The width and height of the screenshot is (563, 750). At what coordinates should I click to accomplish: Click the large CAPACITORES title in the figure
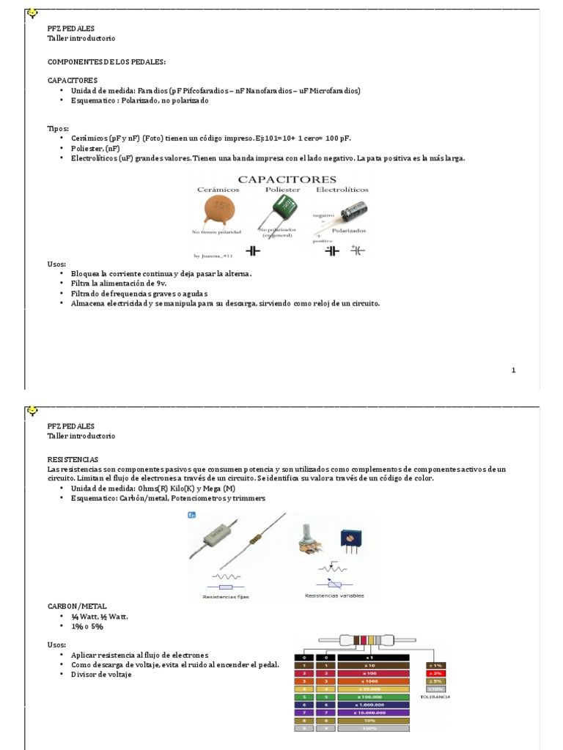click(287, 179)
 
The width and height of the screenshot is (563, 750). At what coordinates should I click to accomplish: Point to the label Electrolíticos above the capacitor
click(342, 189)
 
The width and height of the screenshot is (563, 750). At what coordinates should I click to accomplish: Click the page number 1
click(514, 370)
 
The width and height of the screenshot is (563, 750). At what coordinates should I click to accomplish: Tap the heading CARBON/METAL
click(77, 606)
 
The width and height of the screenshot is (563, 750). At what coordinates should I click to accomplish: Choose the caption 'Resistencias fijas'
click(226, 597)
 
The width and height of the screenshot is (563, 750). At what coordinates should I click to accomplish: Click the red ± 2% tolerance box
click(435, 672)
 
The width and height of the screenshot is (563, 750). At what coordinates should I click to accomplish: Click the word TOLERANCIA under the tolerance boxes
click(435, 697)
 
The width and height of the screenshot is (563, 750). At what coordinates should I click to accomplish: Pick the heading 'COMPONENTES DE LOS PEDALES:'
click(107, 62)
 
